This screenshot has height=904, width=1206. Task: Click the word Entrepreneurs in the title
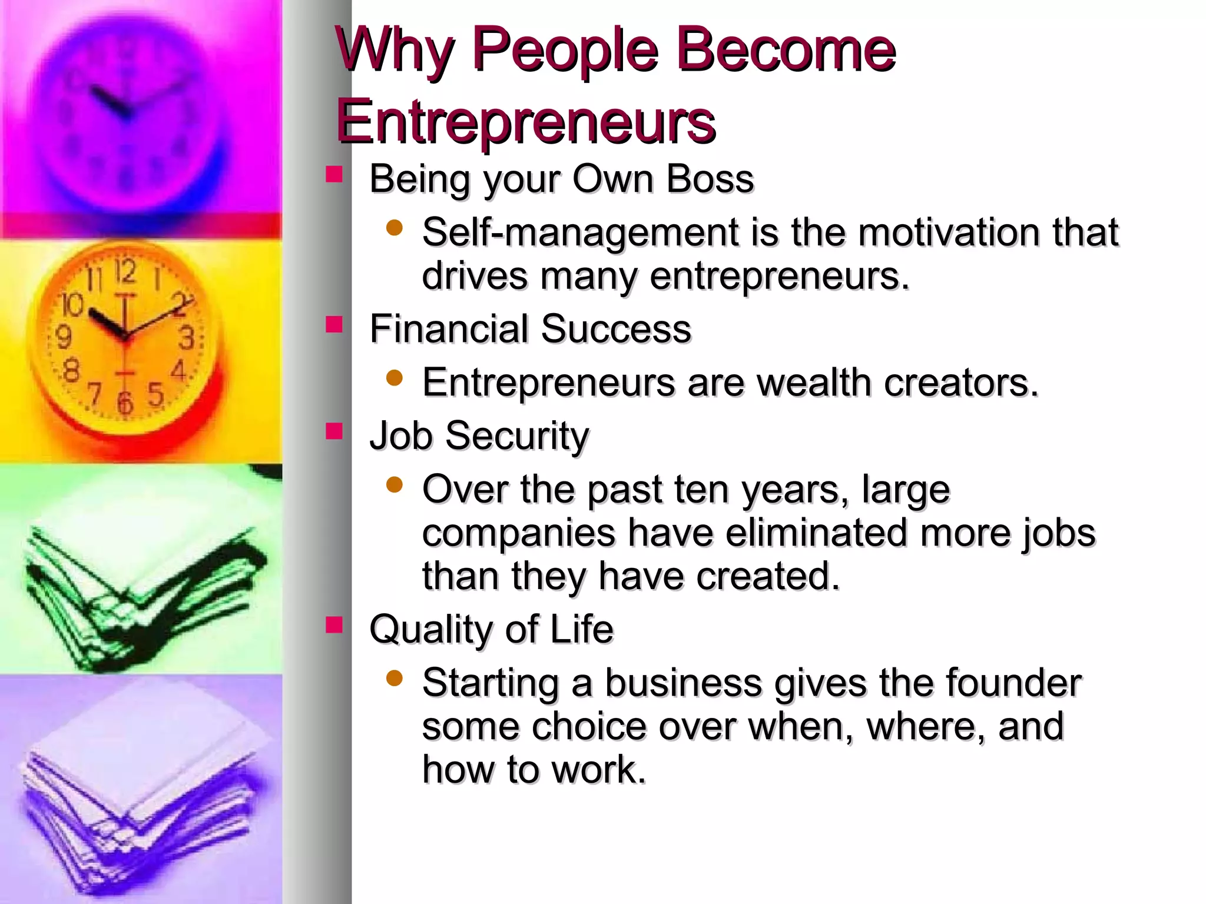[x=525, y=122]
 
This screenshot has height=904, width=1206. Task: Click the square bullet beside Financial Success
[x=334, y=324]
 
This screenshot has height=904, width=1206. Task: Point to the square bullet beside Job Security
[x=334, y=431]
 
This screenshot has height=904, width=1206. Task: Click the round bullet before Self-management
[x=395, y=228]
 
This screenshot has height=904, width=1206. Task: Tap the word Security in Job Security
[x=517, y=436]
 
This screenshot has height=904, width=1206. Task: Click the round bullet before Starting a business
[x=395, y=679]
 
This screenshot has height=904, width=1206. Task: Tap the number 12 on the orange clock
[x=125, y=272]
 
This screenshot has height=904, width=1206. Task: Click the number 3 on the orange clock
[x=186, y=338]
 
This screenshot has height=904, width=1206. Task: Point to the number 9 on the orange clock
[x=62, y=337]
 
